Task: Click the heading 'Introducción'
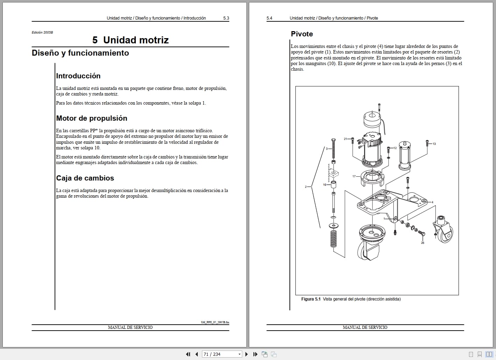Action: click(x=78, y=76)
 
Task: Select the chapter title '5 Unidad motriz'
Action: click(x=130, y=40)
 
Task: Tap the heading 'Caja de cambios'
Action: click(x=85, y=178)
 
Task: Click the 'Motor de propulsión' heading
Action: click(x=92, y=118)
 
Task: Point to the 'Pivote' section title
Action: click(x=302, y=34)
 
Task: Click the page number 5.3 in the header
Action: click(x=226, y=18)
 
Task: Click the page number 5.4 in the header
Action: click(x=269, y=18)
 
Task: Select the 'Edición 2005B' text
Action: click(x=42, y=33)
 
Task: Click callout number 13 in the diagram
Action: click(x=434, y=144)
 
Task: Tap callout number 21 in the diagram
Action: click(x=345, y=139)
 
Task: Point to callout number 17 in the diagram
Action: click(x=354, y=176)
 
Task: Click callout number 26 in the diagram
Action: click(x=422, y=243)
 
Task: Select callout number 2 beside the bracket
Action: click(x=306, y=187)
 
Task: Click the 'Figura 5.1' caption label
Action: click(x=311, y=299)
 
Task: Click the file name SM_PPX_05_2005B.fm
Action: click(x=215, y=322)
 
